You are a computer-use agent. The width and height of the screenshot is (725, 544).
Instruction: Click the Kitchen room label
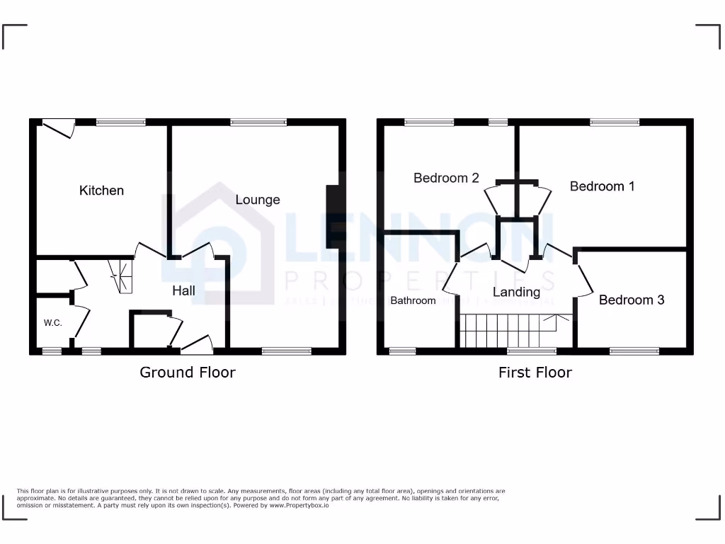tap(101, 191)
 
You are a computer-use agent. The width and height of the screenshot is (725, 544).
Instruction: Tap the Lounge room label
tap(258, 200)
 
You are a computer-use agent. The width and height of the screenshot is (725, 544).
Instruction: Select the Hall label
tap(183, 290)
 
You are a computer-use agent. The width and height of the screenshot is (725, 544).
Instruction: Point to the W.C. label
tap(53, 323)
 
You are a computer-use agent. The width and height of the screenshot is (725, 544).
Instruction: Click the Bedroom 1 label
tap(602, 186)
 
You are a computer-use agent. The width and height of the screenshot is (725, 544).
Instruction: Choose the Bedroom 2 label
tap(446, 178)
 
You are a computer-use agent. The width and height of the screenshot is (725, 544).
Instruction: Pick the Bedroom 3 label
tap(632, 300)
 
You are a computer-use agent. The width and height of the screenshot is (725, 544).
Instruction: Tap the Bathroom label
tap(413, 300)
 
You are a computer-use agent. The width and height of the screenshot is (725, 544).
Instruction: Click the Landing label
tap(516, 292)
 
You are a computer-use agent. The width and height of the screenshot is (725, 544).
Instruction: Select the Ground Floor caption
tap(188, 372)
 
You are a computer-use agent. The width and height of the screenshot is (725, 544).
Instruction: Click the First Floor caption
tap(535, 372)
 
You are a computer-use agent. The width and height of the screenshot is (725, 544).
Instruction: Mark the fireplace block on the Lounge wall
tap(331, 210)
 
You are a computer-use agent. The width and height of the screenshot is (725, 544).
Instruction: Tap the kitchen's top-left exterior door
tap(57, 127)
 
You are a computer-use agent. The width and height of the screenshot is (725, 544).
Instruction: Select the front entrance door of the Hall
tap(198, 344)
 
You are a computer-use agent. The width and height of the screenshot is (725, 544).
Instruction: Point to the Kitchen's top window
tap(121, 122)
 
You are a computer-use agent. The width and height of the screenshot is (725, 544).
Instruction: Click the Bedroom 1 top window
tap(615, 122)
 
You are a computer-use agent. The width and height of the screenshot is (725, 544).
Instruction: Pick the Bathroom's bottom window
tap(403, 350)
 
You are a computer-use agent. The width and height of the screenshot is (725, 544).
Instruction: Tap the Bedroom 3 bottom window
tap(634, 350)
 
